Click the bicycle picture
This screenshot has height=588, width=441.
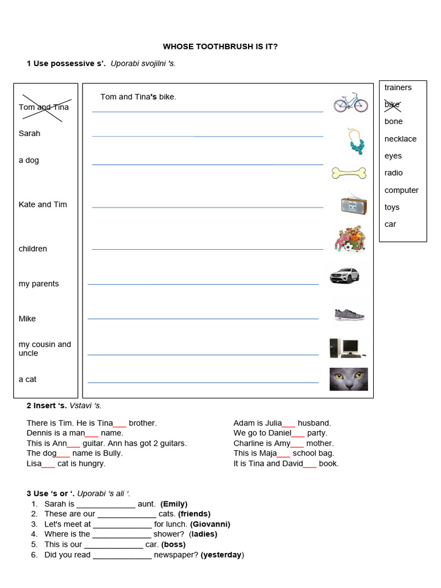click(x=351, y=102)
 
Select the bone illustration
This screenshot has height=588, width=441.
click(x=349, y=172)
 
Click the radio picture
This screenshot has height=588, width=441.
click(x=353, y=203)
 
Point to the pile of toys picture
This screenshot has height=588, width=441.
click(x=349, y=239)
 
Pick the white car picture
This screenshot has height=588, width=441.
click(x=345, y=275)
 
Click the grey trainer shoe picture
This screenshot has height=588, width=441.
click(x=349, y=314)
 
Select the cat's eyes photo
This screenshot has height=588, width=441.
click(x=349, y=379)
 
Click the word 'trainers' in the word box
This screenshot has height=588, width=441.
click(x=398, y=87)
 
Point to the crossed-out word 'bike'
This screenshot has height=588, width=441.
click(x=392, y=105)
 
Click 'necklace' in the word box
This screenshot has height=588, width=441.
click(x=400, y=139)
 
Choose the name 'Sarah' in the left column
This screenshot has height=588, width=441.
click(x=29, y=133)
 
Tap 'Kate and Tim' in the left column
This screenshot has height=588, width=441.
click(x=42, y=204)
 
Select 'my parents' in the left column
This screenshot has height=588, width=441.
click(x=38, y=284)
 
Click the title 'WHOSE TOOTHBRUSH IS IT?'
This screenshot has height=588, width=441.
click(x=220, y=47)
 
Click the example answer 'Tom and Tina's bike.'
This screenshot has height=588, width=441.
click(x=138, y=97)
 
